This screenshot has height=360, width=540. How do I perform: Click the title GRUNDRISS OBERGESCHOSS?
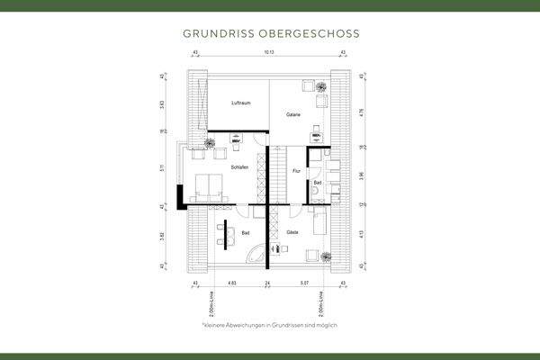point(270,33)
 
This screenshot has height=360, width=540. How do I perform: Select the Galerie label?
point(293,115)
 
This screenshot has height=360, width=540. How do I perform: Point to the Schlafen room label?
point(239,167)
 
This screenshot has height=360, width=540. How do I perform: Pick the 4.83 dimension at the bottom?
point(231,283)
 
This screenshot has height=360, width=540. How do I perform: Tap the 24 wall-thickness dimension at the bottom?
point(267,283)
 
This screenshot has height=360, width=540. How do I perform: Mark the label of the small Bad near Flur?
point(318,183)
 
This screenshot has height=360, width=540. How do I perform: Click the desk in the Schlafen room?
point(236,137)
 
